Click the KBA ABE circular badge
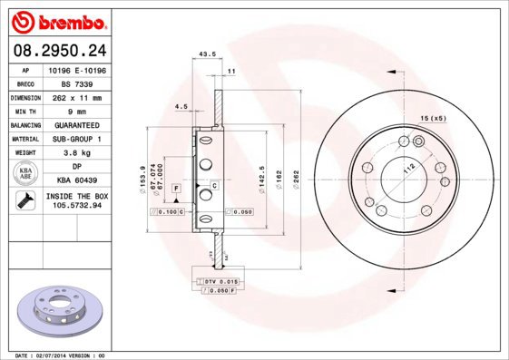point(25,174)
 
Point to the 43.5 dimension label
point(206,54)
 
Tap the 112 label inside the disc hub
point(407,169)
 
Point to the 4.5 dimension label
point(181,108)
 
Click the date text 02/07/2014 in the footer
point(55,355)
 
